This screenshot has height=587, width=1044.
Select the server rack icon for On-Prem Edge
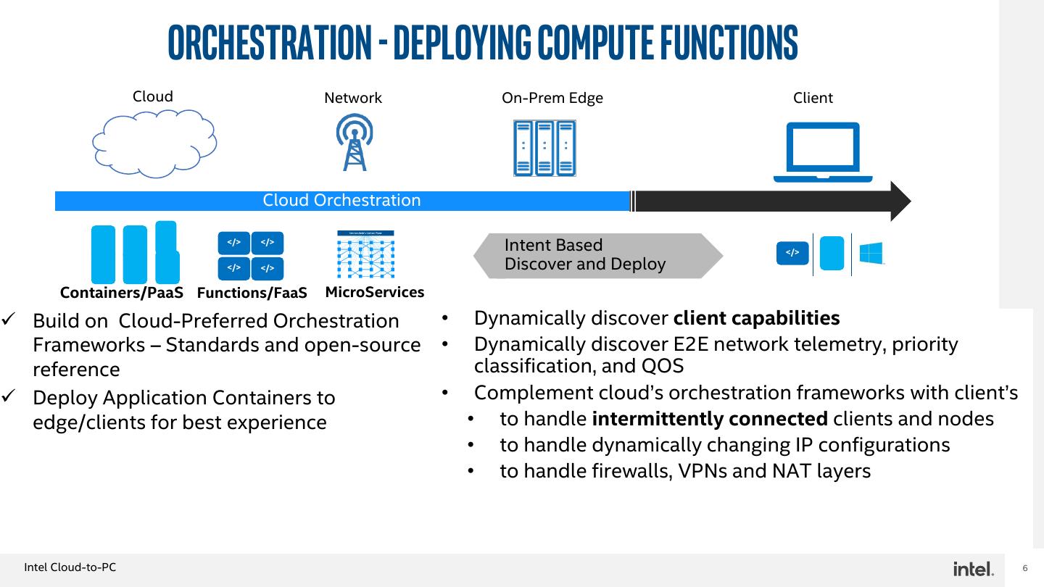[544, 148]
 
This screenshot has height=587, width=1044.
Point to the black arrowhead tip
[911, 201]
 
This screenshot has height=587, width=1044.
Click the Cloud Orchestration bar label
[341, 200]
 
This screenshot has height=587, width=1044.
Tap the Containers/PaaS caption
[122, 293]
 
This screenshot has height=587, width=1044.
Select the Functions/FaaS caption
[252, 293]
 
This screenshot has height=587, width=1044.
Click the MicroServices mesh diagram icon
[366, 254]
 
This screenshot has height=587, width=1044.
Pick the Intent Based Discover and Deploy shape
[598, 256]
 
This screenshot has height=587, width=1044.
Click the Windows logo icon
[871, 254]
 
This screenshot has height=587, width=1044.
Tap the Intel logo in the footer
[973, 569]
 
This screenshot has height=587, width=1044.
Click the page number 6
[1025, 568]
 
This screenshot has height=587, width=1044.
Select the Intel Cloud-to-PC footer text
[70, 567]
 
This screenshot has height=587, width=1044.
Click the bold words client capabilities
[756, 319]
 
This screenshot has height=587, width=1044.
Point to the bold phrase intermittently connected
[710, 419]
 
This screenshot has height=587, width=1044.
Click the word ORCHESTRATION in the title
[270, 42]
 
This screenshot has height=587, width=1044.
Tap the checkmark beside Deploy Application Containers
[9, 396]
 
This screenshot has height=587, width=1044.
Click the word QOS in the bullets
[663, 366]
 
